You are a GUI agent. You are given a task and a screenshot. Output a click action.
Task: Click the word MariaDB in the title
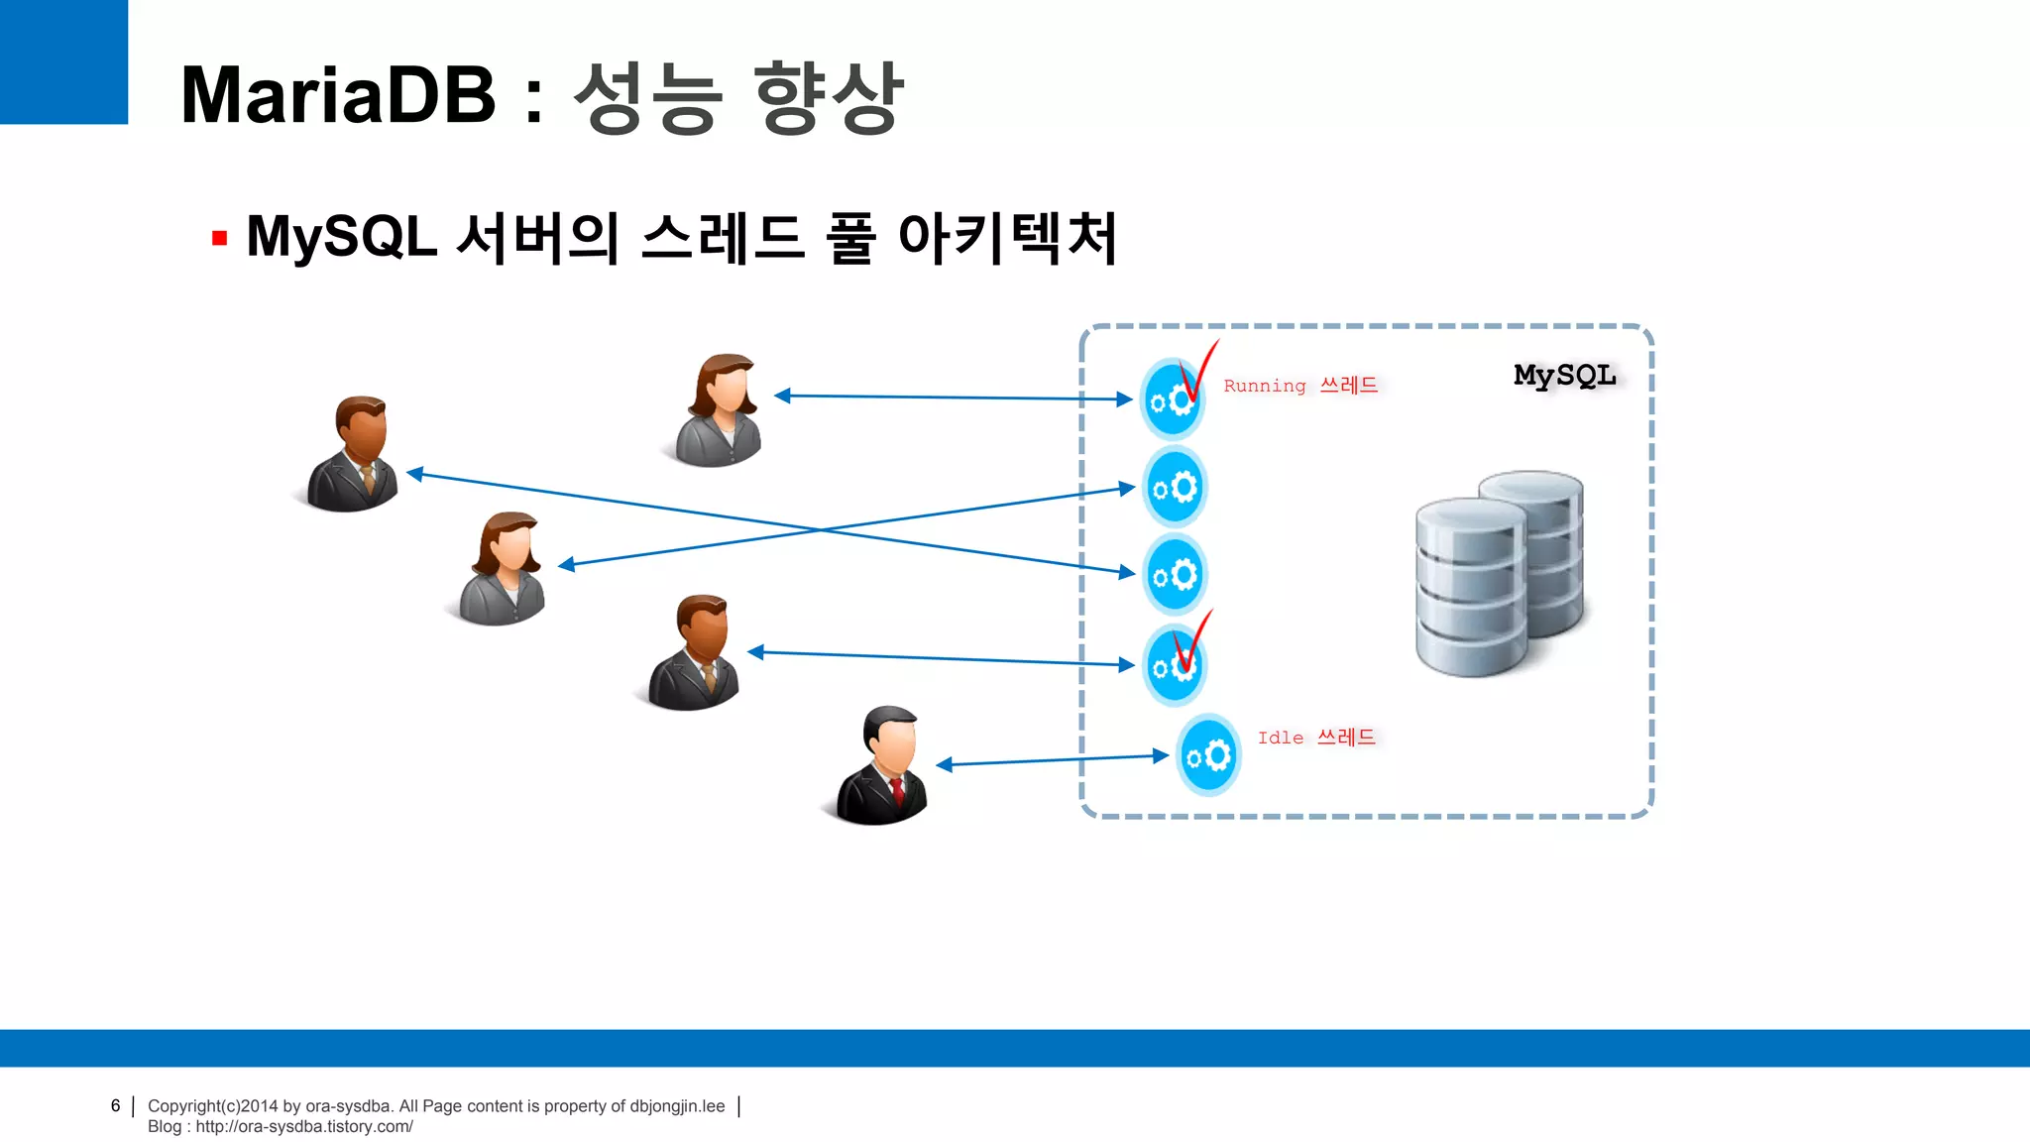coord(338,95)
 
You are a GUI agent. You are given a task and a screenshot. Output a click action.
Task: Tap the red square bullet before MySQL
coord(220,238)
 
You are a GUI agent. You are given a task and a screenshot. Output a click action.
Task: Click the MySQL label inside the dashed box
coord(1564,376)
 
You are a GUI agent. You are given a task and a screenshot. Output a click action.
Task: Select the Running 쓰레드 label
coord(1300,386)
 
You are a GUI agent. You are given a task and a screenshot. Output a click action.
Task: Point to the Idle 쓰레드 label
coord(1316,738)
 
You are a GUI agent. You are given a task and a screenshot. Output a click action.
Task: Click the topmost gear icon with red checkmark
coord(1173,399)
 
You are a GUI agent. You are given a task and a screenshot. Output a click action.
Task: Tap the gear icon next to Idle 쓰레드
coord(1208,756)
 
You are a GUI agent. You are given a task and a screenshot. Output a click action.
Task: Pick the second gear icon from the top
coord(1175,488)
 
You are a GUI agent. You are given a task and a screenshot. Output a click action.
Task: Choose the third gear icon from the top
coord(1175,575)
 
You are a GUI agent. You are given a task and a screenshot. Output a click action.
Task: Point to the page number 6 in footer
coord(115,1105)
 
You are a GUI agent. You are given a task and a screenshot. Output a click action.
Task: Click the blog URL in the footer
coord(303,1127)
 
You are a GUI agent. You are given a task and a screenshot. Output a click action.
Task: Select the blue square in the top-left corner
coord(63,61)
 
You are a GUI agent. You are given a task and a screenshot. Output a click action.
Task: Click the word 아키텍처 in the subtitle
coord(1008,238)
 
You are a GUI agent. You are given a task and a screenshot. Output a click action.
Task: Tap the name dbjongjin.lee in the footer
coord(677,1106)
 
